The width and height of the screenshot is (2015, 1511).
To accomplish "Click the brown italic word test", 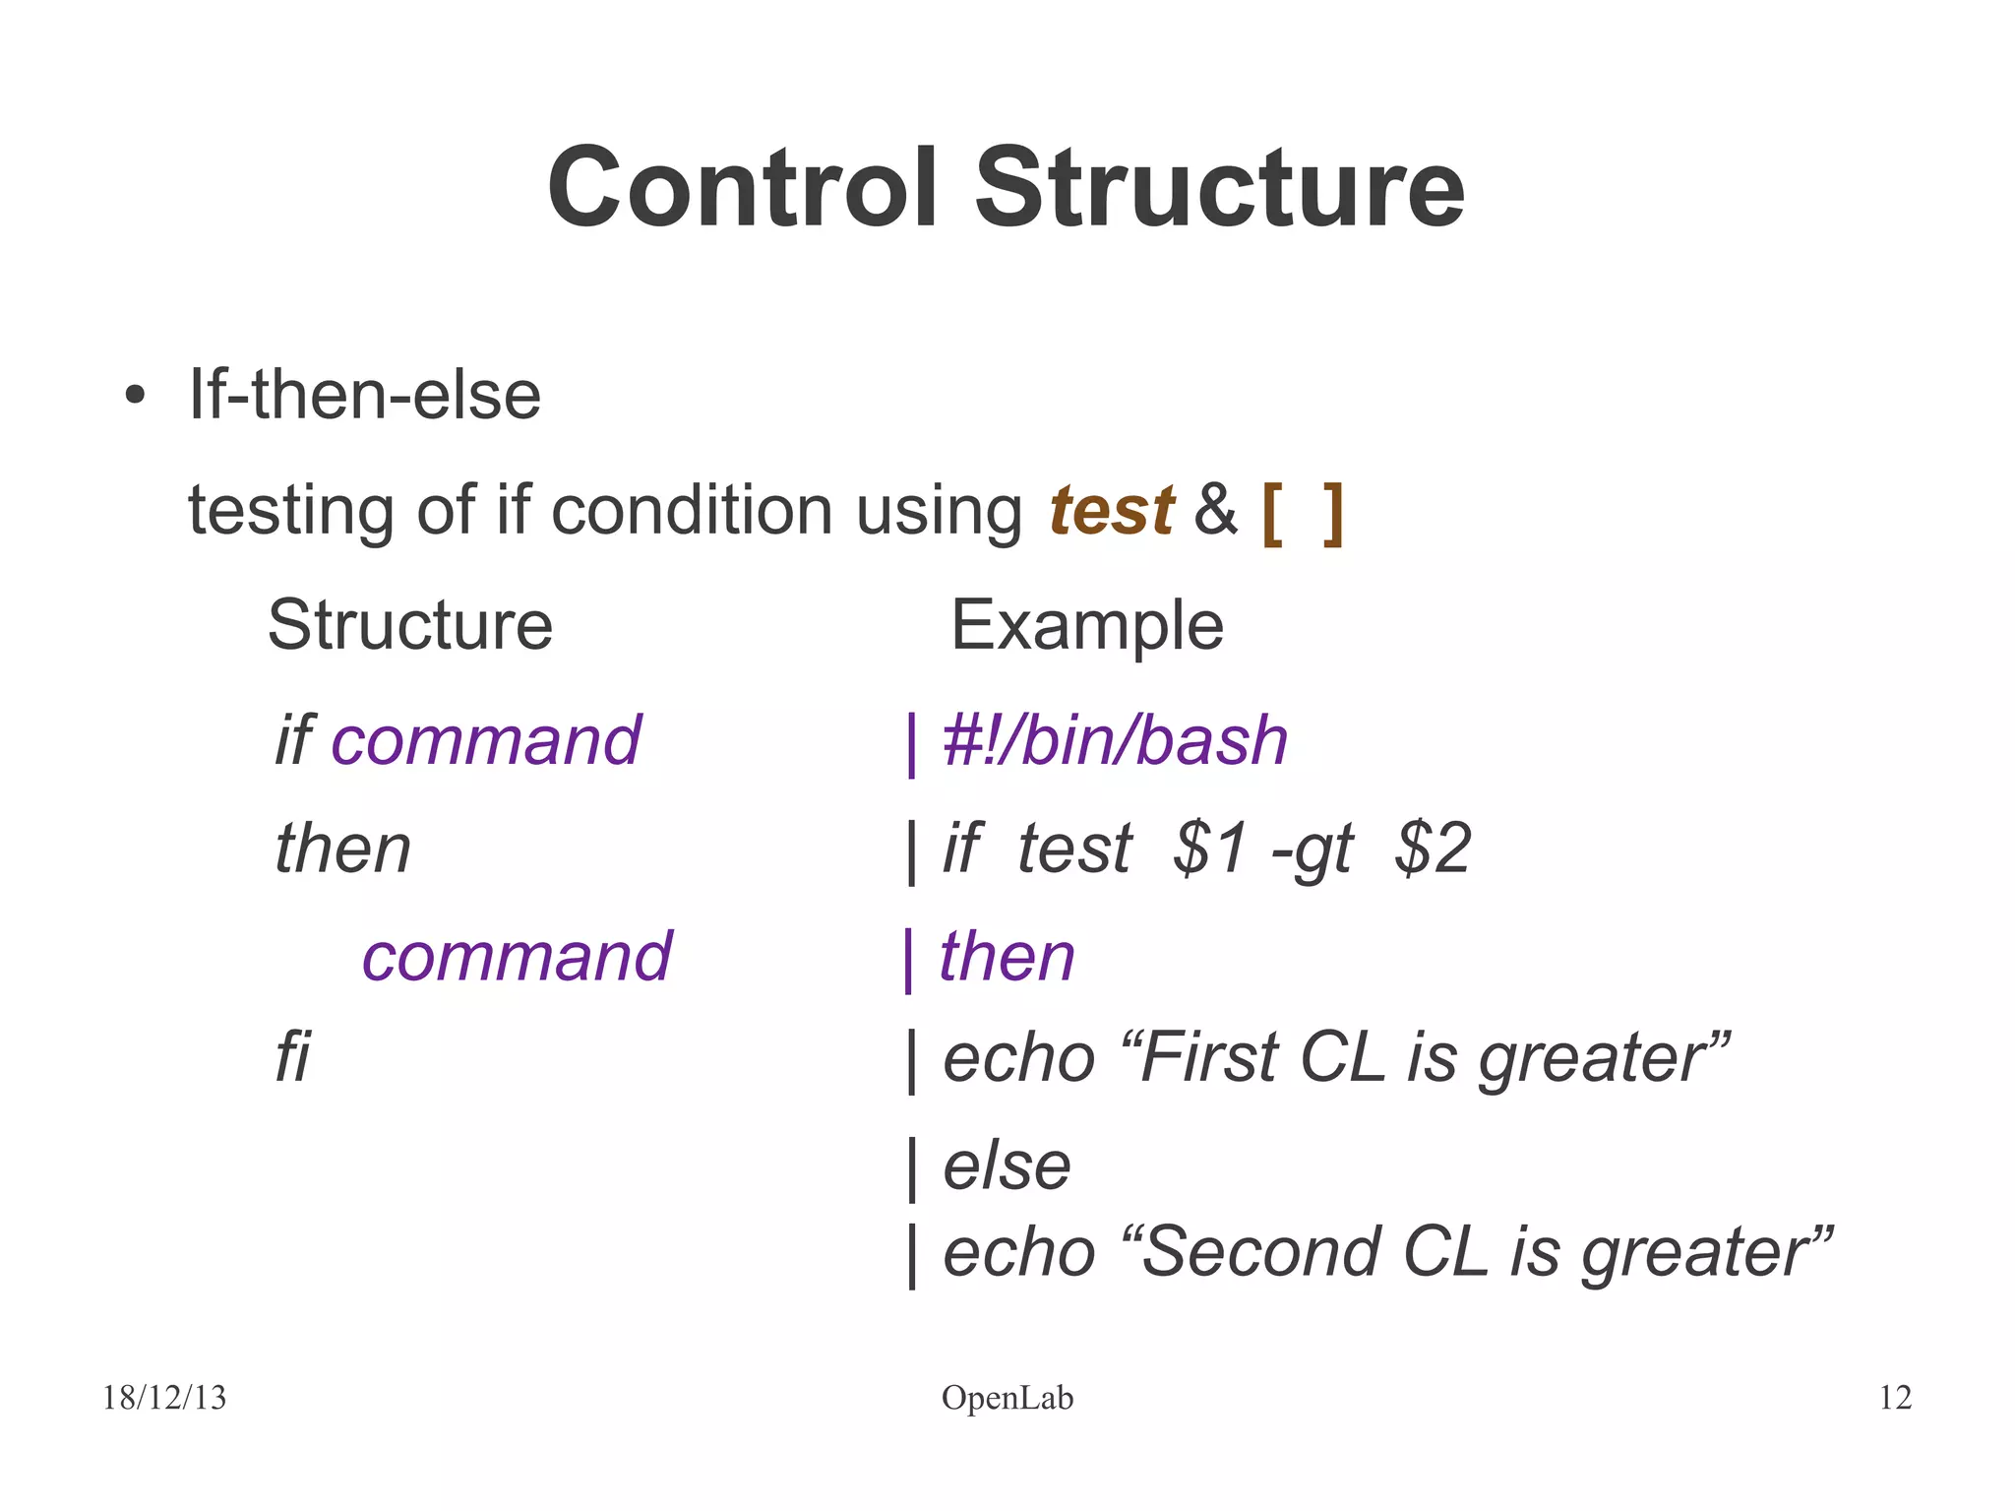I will point(1111,511).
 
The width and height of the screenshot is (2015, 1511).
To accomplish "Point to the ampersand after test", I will point(1215,511).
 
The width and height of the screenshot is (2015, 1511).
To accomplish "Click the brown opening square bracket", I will point(1272,513).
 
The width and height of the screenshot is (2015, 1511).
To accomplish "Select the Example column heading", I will point(1086,626).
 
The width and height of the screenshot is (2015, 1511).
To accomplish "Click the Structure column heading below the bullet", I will point(410,626).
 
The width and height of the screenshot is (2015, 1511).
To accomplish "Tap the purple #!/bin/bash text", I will point(1115,741).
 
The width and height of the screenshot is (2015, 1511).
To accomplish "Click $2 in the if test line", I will point(1433,849).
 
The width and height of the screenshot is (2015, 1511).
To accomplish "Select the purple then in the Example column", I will point(1007,957).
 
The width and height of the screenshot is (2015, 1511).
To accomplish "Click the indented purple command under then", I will point(517,957).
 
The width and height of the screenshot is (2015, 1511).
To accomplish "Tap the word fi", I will point(292,1058).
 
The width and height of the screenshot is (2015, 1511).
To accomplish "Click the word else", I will point(1007,1166).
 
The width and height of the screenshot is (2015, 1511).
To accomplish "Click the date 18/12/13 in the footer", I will point(164,1398).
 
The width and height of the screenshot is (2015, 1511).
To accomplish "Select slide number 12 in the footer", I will point(1895,1398).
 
